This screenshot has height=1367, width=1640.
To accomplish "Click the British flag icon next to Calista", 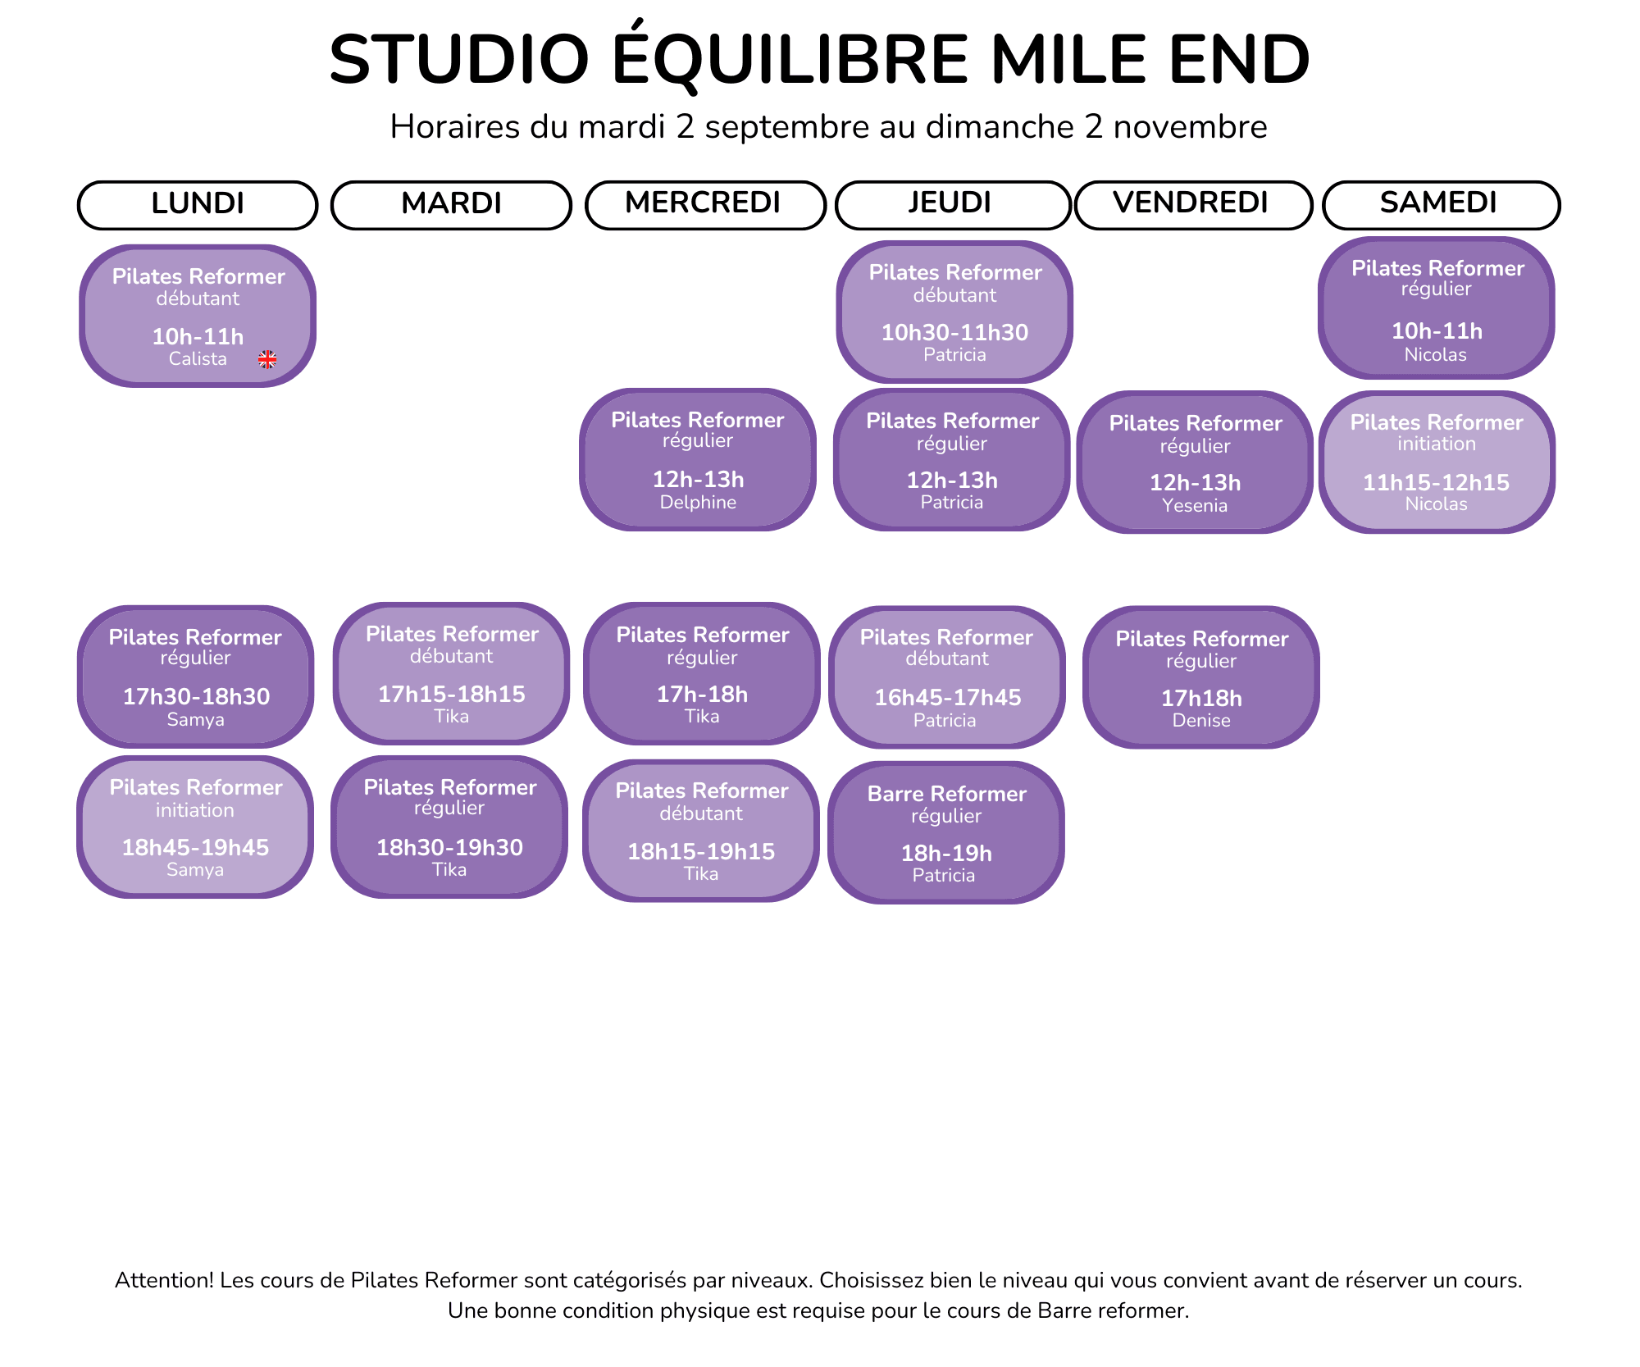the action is coord(267,359).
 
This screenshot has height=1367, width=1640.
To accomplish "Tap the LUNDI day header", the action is coord(198,204).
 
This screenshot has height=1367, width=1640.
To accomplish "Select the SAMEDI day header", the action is coord(1441,204).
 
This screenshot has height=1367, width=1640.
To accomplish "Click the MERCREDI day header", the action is coord(704,204).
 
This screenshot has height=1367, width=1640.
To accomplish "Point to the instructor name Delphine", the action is coord(698,502).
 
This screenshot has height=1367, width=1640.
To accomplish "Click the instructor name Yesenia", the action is coord(1195,505).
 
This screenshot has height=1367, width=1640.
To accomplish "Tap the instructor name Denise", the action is coord(1201,720).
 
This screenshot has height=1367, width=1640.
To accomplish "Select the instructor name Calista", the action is coord(198,358).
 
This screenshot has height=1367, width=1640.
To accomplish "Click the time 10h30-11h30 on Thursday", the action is coord(954,332).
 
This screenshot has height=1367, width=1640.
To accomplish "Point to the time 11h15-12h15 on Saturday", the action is coord(1436,482).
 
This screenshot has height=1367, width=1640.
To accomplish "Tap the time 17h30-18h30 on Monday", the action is coord(196,696).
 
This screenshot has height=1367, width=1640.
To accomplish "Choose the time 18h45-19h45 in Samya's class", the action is coord(195,847).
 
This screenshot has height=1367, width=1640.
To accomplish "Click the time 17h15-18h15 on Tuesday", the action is coord(451,694).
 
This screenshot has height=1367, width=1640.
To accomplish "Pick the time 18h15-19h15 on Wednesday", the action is coord(701,851).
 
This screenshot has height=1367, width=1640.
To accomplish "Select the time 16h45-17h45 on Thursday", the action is coord(947,697).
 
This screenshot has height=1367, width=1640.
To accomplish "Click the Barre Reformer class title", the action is coord(947,794).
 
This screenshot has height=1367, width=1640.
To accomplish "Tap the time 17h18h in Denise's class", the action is coord(1201,698).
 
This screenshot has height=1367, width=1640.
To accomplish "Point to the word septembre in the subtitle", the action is coord(786,128).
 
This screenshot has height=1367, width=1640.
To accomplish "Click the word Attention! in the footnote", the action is coord(164,1280).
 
